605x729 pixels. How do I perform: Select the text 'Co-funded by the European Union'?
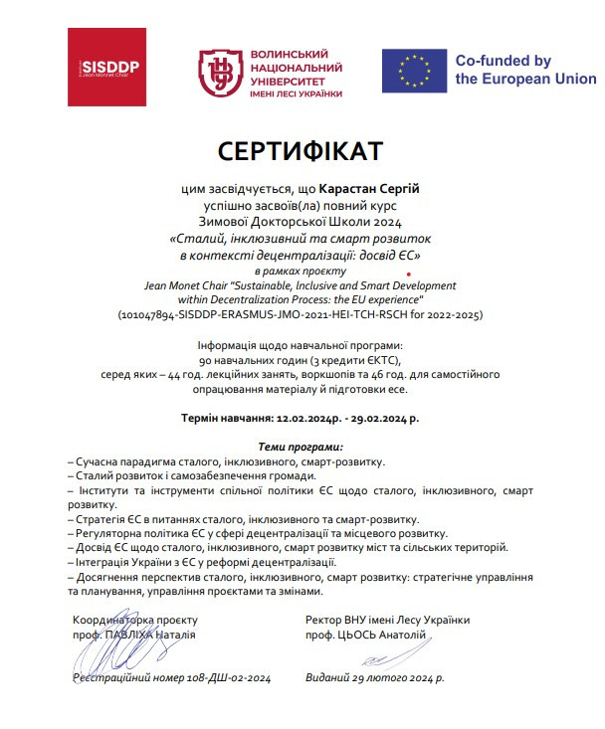(x=525, y=70)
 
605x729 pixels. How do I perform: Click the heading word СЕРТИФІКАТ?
(x=301, y=150)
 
